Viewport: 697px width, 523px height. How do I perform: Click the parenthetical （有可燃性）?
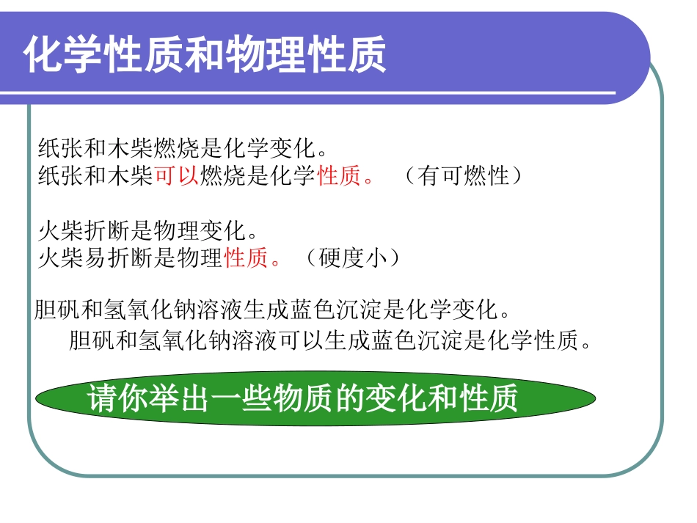click(x=463, y=176)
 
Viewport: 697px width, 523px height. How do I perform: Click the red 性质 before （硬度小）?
click(x=247, y=258)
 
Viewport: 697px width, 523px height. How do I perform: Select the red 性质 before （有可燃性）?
click(x=340, y=176)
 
